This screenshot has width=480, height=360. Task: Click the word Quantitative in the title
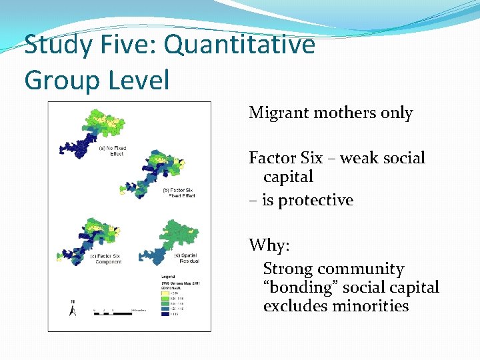(x=239, y=45)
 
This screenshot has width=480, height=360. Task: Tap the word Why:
(x=269, y=245)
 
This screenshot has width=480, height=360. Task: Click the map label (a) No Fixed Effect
(x=112, y=151)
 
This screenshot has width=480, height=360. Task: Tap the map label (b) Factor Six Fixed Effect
(x=179, y=193)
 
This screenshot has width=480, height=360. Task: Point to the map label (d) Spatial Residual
(x=186, y=258)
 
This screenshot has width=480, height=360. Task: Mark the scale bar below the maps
(x=110, y=312)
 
